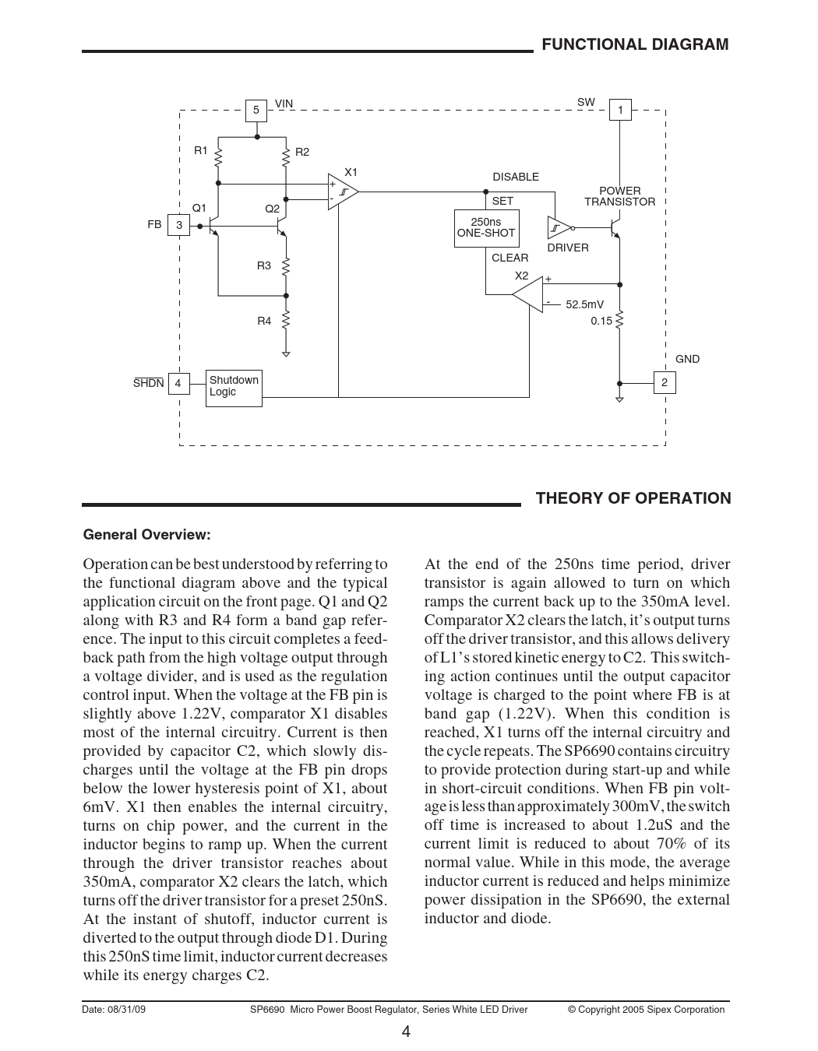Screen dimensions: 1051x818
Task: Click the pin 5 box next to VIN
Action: pos(256,111)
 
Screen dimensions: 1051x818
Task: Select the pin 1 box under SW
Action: pos(620,111)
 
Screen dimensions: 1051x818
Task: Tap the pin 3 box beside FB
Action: pos(178,225)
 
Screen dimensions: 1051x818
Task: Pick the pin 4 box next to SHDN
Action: pos(178,383)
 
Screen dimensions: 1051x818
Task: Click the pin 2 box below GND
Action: pos(664,383)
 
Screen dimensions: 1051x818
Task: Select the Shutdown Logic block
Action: pos(234,387)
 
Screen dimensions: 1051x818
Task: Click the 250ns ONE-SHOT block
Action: pos(486,228)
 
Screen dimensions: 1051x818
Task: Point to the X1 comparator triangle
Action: pos(341,192)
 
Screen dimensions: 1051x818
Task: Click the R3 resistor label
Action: pos(264,266)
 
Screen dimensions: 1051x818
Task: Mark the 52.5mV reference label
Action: pos(584,305)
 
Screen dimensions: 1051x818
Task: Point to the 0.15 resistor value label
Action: pos(601,321)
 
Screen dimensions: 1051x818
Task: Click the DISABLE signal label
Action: pos(516,178)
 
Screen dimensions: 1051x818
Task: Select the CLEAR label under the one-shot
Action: pos(509,258)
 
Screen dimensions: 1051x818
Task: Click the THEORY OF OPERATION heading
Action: pos(633,498)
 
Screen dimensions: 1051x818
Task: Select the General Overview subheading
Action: pos(147,535)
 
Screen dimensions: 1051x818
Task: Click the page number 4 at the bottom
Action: pos(406,1032)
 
